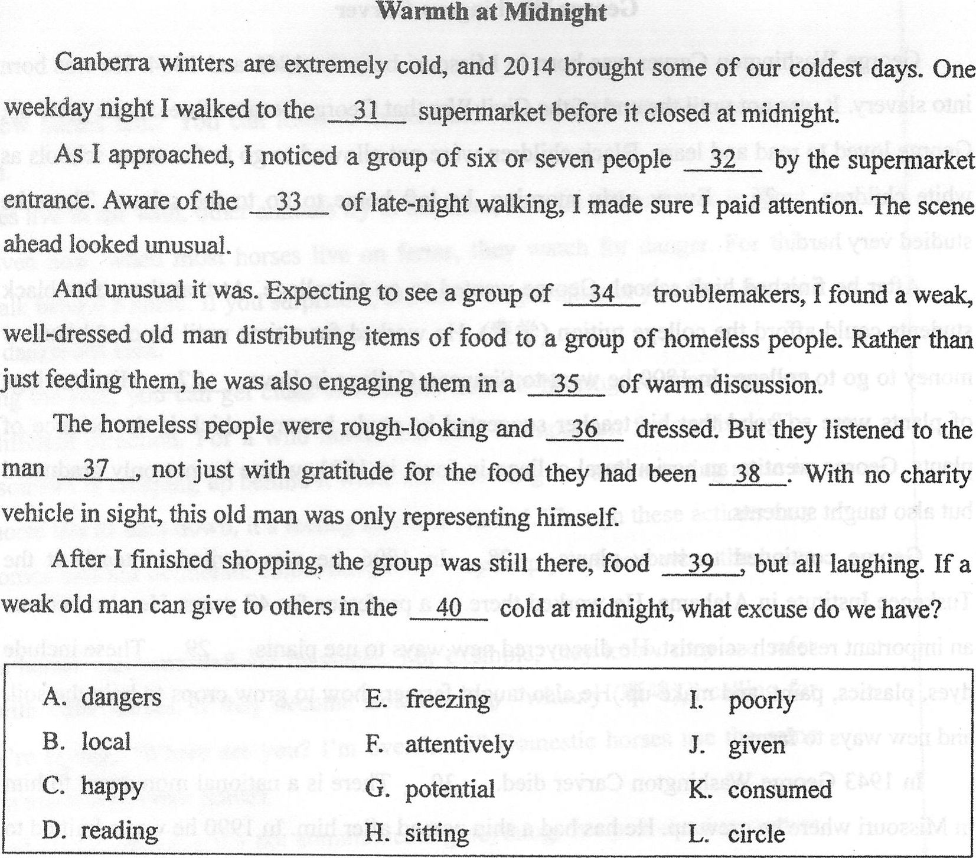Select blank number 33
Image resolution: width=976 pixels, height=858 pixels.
click(289, 203)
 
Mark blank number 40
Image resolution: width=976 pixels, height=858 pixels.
click(449, 608)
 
